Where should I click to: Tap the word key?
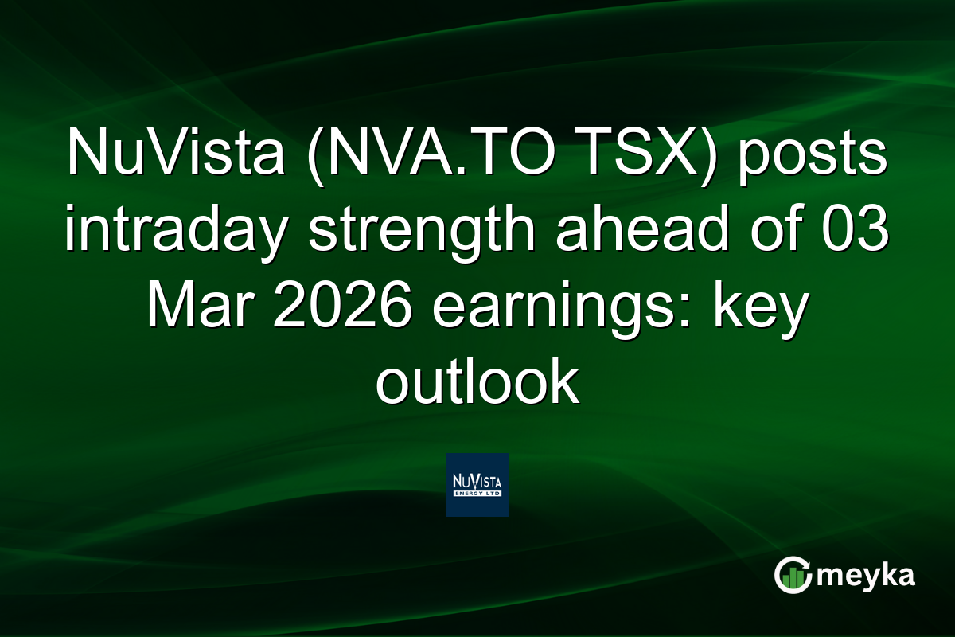pyautogui.click(x=764, y=307)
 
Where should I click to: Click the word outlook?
pyautogui.click(x=477, y=383)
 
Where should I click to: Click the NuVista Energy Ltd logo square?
pyautogui.click(x=477, y=485)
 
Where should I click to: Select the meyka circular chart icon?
pyautogui.click(x=793, y=575)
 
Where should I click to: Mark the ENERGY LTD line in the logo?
pyautogui.click(x=477, y=494)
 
